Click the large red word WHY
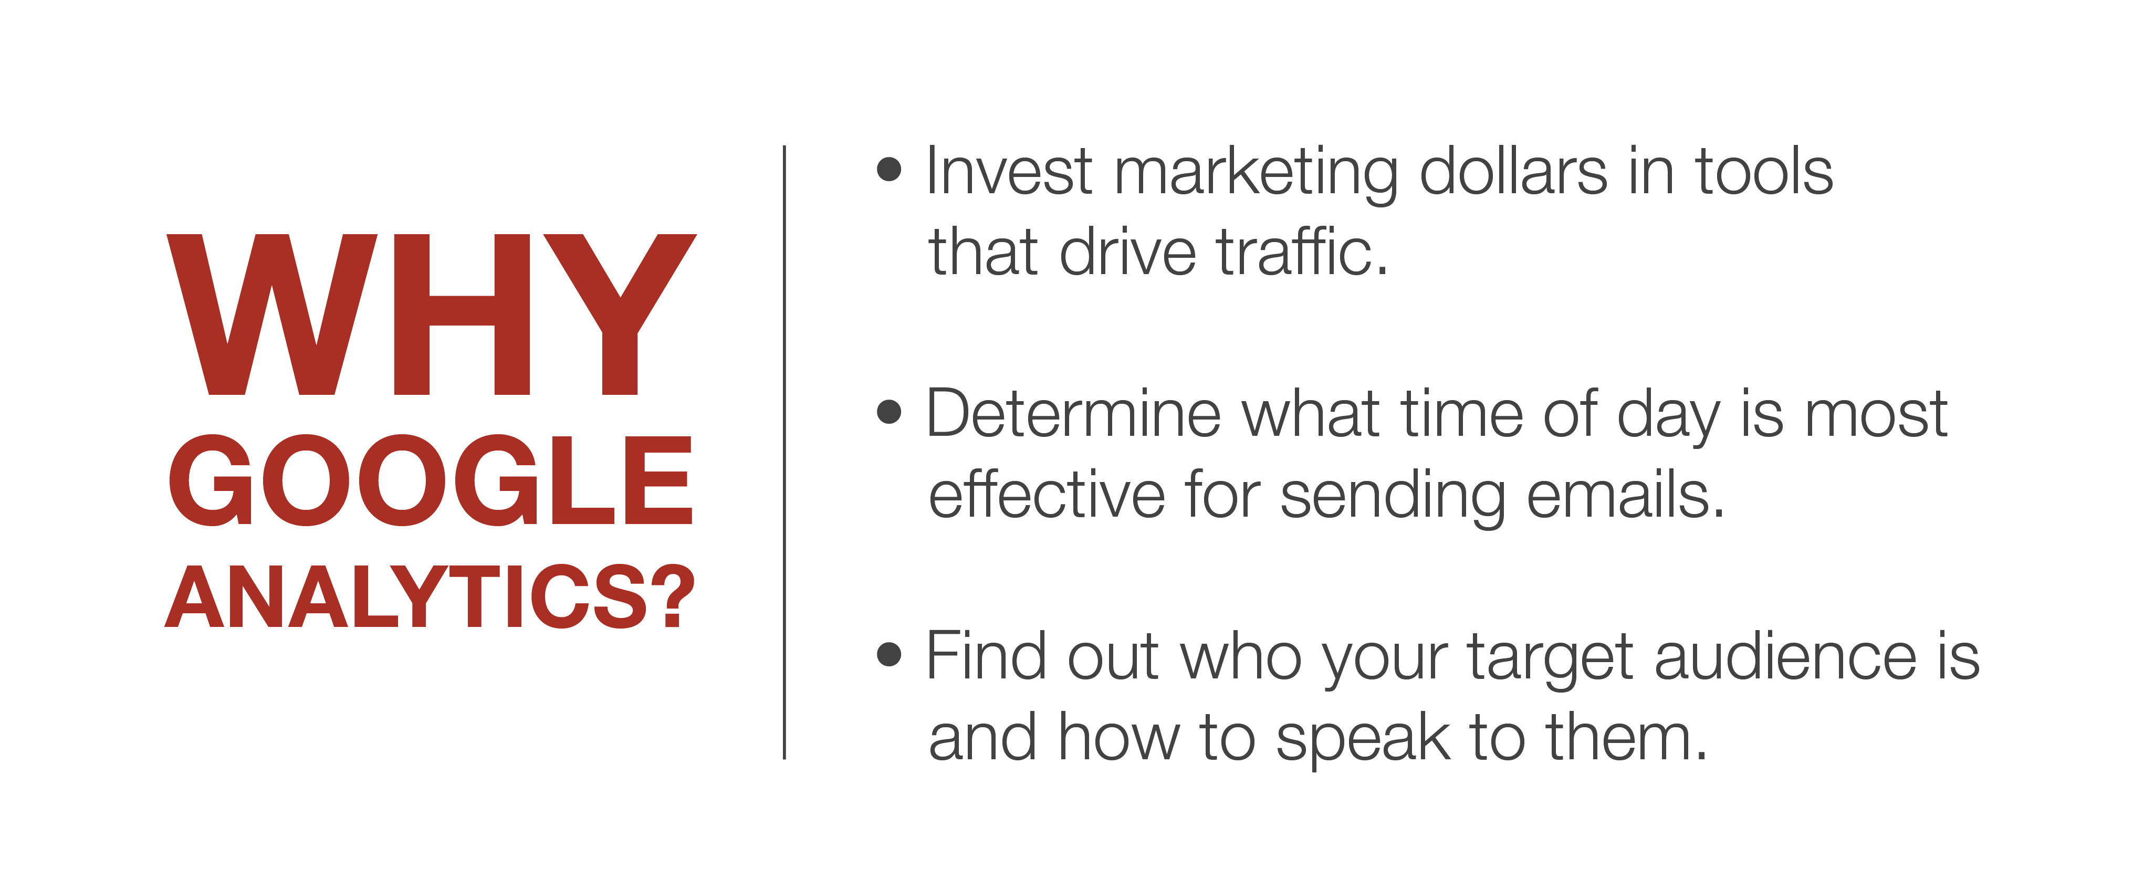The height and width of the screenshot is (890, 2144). (431, 314)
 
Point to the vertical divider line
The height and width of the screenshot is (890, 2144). (784, 452)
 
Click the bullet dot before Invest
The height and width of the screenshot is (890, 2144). (890, 169)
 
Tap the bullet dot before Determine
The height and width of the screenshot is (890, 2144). (890, 411)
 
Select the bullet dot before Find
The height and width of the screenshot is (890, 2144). (890, 654)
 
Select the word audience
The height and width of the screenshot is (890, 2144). (1786, 656)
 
